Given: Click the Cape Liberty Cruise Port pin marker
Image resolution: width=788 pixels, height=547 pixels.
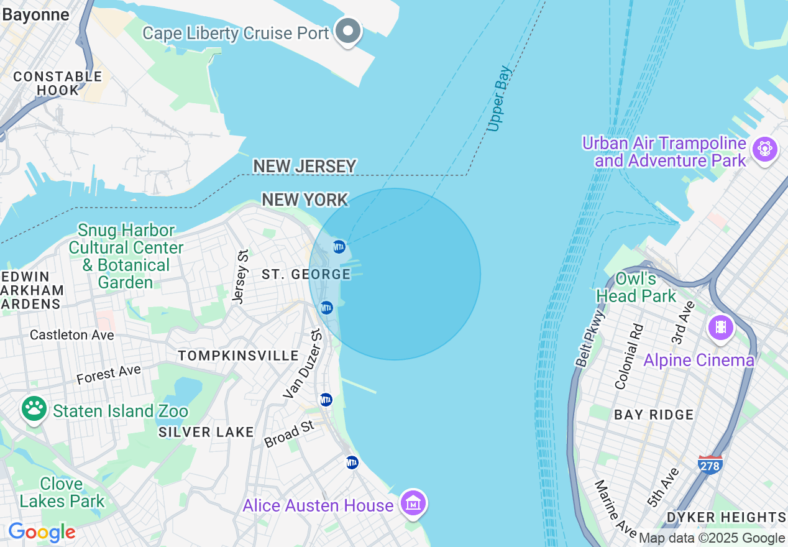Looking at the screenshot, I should [x=348, y=31].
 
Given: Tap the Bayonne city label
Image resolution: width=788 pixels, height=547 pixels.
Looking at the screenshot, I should [x=35, y=15].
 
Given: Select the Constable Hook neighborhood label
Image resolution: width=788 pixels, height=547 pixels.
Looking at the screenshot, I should [x=58, y=83].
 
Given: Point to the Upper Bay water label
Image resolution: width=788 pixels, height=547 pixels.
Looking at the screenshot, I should [x=499, y=99].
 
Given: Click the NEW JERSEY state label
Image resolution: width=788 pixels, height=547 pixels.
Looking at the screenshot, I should [x=305, y=167].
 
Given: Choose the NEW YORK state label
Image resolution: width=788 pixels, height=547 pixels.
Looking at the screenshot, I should [x=305, y=200].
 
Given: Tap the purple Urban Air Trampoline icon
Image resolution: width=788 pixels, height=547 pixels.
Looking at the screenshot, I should [x=764, y=149].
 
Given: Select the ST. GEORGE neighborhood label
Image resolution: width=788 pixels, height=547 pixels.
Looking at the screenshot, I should [x=306, y=274].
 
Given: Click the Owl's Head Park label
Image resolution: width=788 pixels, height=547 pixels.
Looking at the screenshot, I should [x=636, y=287].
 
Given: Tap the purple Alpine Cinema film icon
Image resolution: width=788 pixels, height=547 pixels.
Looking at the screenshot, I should [x=721, y=326].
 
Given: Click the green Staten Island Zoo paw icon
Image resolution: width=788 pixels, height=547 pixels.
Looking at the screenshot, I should [x=34, y=408].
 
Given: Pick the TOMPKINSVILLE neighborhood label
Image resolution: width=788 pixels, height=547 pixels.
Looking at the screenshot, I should [x=238, y=356].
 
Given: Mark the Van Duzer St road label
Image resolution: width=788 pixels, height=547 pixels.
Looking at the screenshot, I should [x=303, y=364].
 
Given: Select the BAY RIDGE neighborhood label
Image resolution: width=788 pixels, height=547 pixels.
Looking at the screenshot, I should [x=653, y=415].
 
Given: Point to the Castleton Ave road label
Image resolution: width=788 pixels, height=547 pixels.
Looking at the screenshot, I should [x=72, y=335].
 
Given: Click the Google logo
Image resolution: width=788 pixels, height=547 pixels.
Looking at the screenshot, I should [x=42, y=532].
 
